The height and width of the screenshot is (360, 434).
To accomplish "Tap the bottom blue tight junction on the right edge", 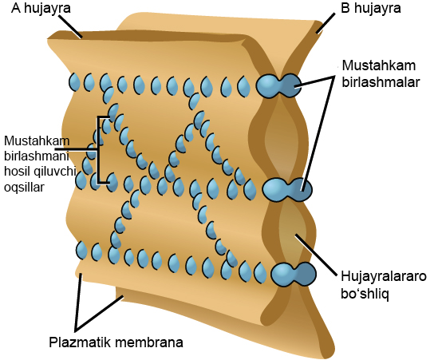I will tap(294, 273).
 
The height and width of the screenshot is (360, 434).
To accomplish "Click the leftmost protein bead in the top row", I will tap(75, 81).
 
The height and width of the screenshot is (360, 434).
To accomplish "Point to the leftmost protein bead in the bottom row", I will tap(82, 251).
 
